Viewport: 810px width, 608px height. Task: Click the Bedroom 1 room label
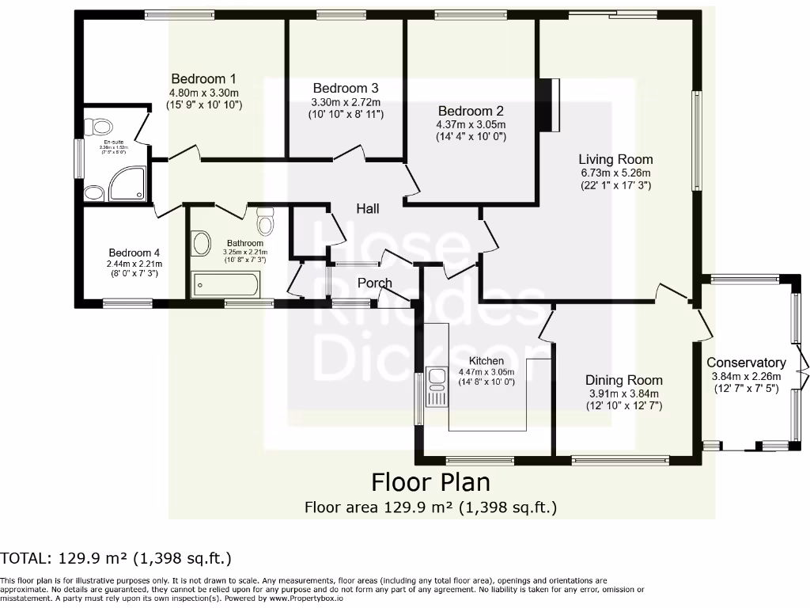tap(204, 78)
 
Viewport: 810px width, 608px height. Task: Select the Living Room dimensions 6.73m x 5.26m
tap(615, 172)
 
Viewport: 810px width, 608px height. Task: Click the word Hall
tap(368, 208)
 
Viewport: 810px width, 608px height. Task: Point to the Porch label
tap(375, 283)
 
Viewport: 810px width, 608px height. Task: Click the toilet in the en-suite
tap(100, 127)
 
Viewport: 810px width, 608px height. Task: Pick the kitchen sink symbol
tap(436, 386)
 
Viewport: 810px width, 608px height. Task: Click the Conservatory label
tap(746, 363)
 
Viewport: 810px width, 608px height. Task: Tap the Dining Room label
tap(623, 380)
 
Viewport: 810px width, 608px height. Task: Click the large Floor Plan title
tap(431, 481)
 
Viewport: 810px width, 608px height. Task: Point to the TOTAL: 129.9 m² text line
tap(116, 559)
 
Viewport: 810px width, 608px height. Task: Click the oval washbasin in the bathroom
tap(202, 244)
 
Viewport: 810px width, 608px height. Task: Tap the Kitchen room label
tap(486, 360)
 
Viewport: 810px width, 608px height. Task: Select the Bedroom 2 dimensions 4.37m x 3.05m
tap(471, 124)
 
